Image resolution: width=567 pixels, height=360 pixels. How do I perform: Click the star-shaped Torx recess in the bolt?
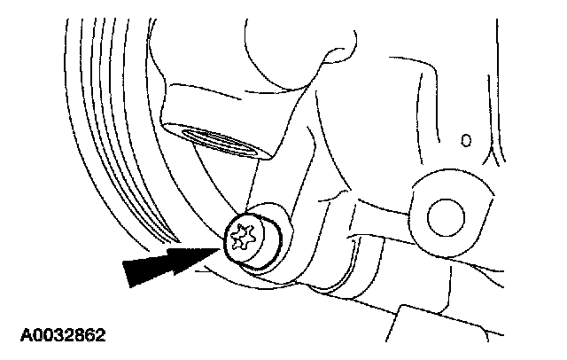240,237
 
